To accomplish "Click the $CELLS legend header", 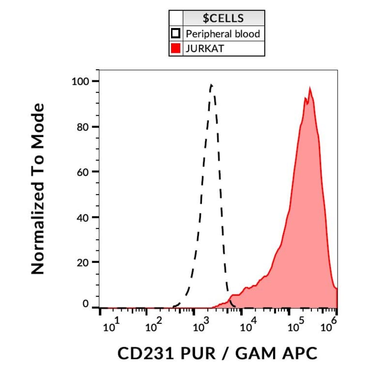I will pos(223,19).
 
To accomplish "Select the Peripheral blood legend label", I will pos(223,34).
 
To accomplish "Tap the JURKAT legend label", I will pos(205,48).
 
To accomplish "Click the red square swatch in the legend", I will pos(175,48).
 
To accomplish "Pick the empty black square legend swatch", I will pos(175,34).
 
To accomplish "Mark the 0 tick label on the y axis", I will pos(86,304).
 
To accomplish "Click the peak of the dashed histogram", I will pos(211,85).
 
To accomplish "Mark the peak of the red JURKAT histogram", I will pos(309,89).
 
